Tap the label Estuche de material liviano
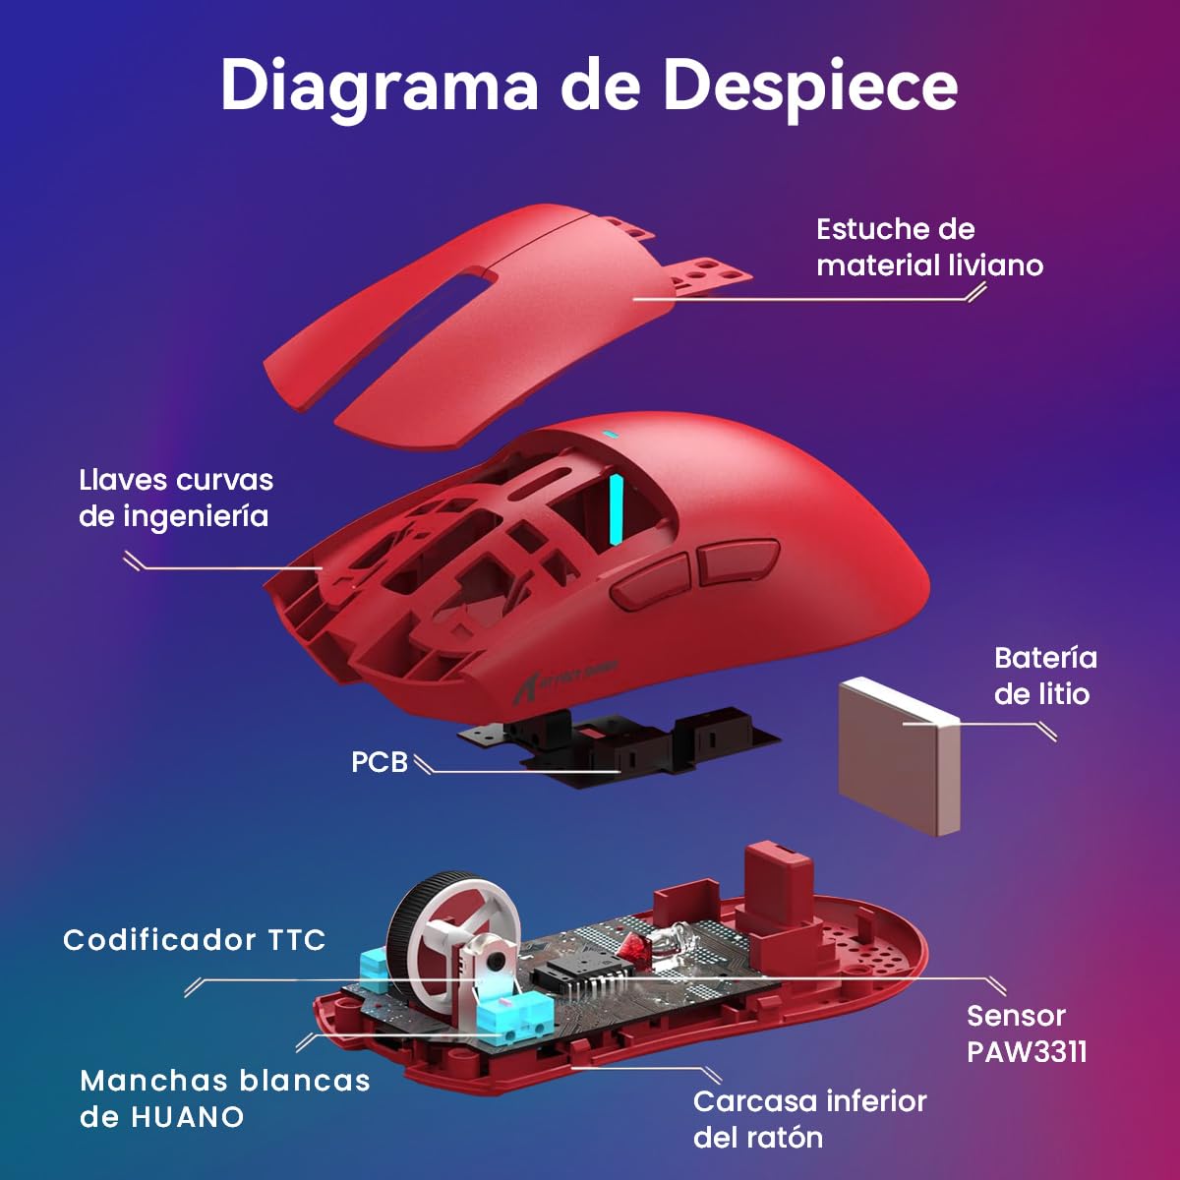pyautogui.click(x=928, y=247)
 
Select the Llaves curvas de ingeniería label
pyautogui.click(x=175, y=498)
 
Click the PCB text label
pyautogui.click(x=379, y=762)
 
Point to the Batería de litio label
pyautogui.click(x=1044, y=676)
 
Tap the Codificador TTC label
pyautogui.click(x=194, y=940)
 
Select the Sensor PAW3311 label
pyautogui.click(x=1026, y=1033)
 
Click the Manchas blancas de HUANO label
pyautogui.click(x=224, y=1098)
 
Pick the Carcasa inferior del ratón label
pyautogui.click(x=808, y=1119)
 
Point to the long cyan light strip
pyautogui.click(x=618, y=508)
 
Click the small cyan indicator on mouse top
pyautogui.click(x=610, y=434)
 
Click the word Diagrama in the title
pyautogui.click(x=379, y=87)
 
